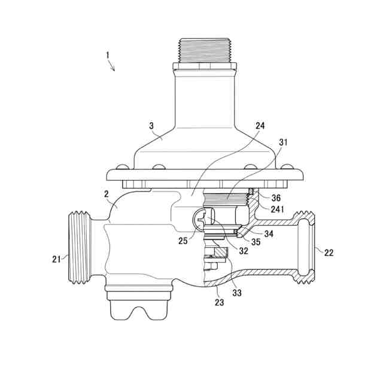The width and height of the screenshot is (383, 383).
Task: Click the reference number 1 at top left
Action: tap(108, 54)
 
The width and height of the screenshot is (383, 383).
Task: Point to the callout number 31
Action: tap(283, 142)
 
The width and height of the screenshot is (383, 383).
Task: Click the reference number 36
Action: tap(276, 198)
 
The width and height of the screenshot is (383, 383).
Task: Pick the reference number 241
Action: tap(278, 209)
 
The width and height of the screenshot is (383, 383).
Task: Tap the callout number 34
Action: tap(269, 233)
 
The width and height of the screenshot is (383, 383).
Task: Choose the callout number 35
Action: tap(256, 242)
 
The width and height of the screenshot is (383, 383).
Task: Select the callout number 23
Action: tap(220, 302)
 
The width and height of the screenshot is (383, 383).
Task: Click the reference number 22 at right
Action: tap(329, 253)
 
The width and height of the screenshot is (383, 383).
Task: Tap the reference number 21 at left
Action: tap(56, 259)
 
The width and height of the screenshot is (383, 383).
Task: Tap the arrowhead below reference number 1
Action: tap(113, 69)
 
